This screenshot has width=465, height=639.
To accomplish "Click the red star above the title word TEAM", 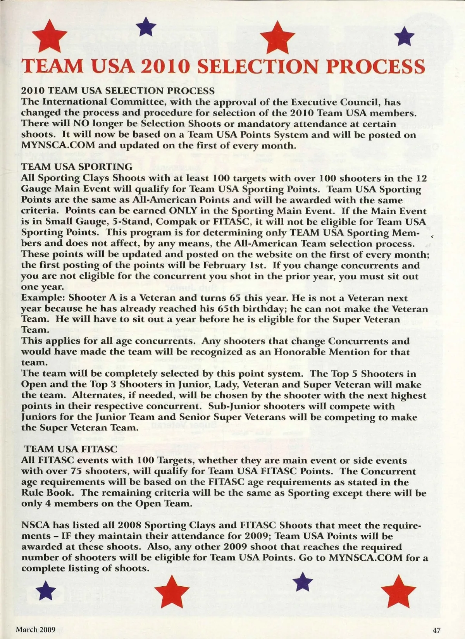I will point(49,35).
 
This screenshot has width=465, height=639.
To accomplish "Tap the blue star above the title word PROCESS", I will point(404,36).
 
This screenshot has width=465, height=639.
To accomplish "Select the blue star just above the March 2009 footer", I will point(45,591).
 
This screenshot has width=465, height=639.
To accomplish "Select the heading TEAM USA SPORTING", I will point(77,167).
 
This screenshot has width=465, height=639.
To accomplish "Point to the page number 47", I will point(437,630).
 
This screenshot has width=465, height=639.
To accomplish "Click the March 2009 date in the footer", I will point(36,630).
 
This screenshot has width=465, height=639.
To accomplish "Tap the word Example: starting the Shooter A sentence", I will point(43,298).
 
